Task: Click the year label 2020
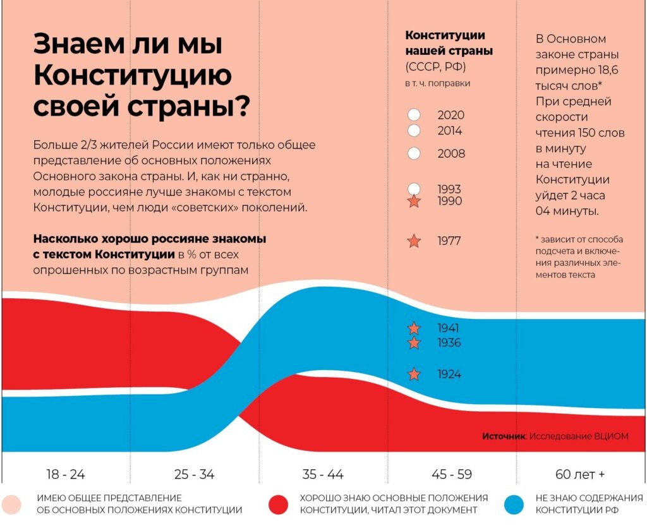pyautogui.click(x=450, y=115)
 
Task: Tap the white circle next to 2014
pyautogui.click(x=414, y=131)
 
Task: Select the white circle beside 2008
pyautogui.click(x=414, y=153)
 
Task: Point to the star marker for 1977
pyautogui.click(x=414, y=241)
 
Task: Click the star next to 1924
pyautogui.click(x=414, y=375)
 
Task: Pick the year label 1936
pyautogui.click(x=449, y=343)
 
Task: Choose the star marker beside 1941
pyautogui.click(x=414, y=328)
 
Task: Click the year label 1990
pyautogui.click(x=449, y=201)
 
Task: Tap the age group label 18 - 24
pyautogui.click(x=65, y=474)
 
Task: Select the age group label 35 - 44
pyautogui.click(x=323, y=474)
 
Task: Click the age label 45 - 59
pyautogui.click(x=452, y=474)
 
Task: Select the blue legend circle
pyautogui.click(x=516, y=504)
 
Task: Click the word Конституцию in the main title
pyautogui.click(x=132, y=76)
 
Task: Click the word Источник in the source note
pyautogui.click(x=504, y=436)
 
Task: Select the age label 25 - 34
pyautogui.click(x=194, y=474)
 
